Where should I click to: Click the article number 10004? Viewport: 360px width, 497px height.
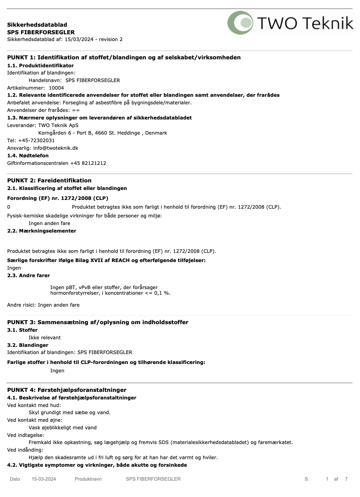pyautogui.click(x=56, y=88)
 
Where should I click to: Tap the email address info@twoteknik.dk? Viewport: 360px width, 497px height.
pyautogui.click(x=56, y=148)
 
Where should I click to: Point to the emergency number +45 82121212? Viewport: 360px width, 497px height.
pyautogui.click(x=88, y=163)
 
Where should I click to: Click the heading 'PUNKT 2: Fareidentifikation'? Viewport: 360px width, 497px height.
pyautogui.click(x=49, y=180)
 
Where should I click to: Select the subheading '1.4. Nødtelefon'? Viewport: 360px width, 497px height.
pyautogui.click(x=28, y=156)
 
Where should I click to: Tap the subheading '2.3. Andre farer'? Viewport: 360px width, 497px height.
pyautogui.click(x=29, y=276)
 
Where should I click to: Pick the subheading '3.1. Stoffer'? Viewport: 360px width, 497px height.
pyautogui.click(x=22, y=330)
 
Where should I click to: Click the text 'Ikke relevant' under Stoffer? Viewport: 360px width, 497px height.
pyautogui.click(x=45, y=338)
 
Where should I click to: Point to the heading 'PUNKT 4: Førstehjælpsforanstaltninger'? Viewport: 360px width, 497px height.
pyautogui.click(x=67, y=390)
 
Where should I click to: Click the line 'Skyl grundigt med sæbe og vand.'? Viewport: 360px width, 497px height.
pyautogui.click(x=70, y=413)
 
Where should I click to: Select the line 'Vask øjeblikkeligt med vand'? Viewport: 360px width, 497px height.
pyautogui.click(x=63, y=428)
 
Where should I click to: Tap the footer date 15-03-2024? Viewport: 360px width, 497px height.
pyautogui.click(x=44, y=479)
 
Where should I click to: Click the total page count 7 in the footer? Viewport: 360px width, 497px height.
pyautogui.click(x=346, y=479)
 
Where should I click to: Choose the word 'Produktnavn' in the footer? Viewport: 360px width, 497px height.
pyautogui.click(x=88, y=479)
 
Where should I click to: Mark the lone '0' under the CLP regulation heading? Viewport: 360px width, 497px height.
pyautogui.click(x=9, y=207)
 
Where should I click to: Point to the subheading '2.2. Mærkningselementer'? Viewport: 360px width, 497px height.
pyautogui.click(x=42, y=231)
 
